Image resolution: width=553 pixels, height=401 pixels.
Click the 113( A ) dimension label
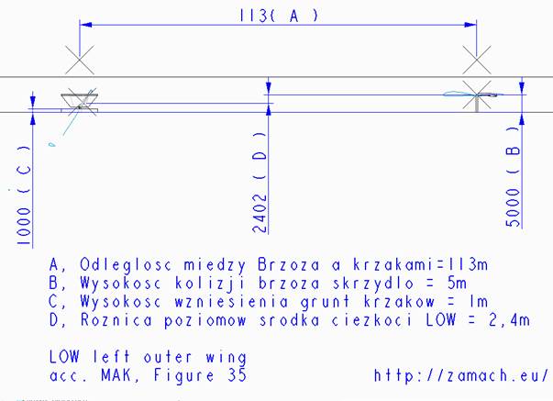(279, 16)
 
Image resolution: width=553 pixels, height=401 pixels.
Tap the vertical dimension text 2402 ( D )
(260, 183)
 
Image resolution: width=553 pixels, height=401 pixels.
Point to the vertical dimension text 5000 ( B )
(514, 176)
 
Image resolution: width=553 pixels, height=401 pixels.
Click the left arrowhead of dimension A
(85, 25)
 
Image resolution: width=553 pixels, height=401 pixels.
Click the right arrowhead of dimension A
(470, 25)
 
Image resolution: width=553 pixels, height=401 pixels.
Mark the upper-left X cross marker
(80, 60)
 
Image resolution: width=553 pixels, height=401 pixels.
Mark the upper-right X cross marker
(477, 60)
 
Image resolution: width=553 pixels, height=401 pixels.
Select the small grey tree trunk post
(477, 105)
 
